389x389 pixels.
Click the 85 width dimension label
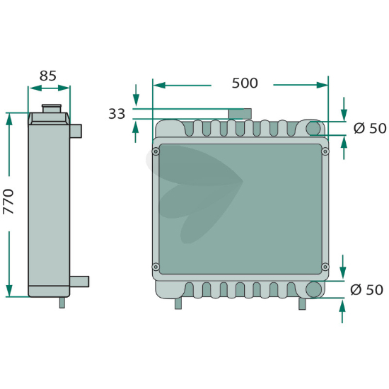pyautogui.click(x=48, y=76)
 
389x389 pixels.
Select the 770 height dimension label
pyautogui.click(x=8, y=202)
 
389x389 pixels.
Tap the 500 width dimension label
pyautogui.click(x=245, y=83)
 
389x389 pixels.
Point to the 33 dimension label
pyautogui.click(x=117, y=114)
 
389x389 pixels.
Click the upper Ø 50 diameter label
pyautogui.click(x=370, y=129)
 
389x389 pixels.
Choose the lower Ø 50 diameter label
pyautogui.click(x=366, y=290)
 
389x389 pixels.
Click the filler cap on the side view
pyautogui.click(x=52, y=108)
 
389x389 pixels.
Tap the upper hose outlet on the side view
pyautogui.click(x=76, y=131)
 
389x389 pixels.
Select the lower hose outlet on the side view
pyautogui.click(x=79, y=281)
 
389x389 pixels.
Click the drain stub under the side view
pyautogui.click(x=62, y=303)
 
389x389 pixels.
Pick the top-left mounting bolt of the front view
pyautogui.click(x=156, y=151)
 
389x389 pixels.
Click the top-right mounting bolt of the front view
pyautogui.click(x=325, y=151)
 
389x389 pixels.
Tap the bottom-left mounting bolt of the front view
pyautogui.click(x=156, y=267)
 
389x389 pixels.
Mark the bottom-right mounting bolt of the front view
pyautogui.click(x=325, y=267)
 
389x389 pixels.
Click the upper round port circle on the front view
pyautogui.click(x=313, y=128)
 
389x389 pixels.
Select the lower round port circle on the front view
pyautogui.click(x=313, y=289)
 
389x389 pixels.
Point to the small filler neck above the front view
pyautogui.click(x=240, y=114)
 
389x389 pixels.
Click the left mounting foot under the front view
pyautogui.click(x=178, y=303)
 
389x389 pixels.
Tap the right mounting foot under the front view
pyautogui.click(x=302, y=303)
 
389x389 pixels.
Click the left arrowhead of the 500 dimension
pyautogui.click(x=159, y=86)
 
